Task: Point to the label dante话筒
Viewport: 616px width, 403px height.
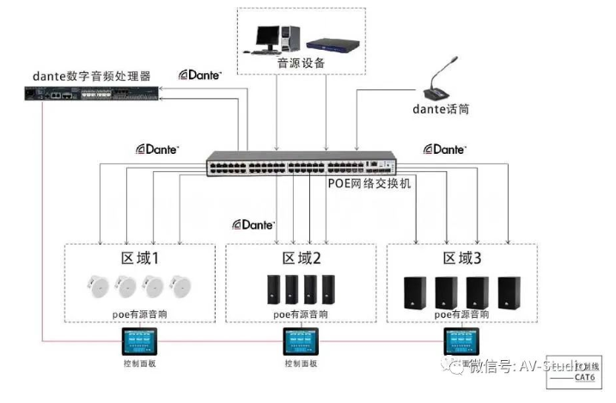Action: (441, 109)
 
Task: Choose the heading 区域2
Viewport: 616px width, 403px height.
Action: (301, 258)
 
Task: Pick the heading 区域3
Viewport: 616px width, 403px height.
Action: (462, 258)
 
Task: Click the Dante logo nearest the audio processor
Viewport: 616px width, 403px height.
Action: (200, 76)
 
